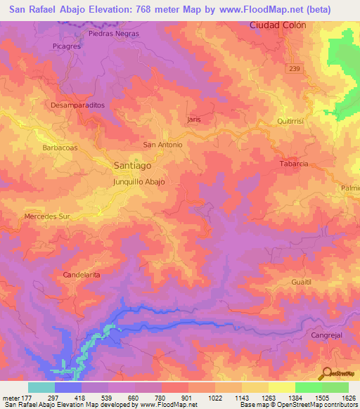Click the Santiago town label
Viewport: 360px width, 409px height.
click(x=131, y=166)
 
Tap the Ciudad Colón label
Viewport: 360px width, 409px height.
click(x=279, y=25)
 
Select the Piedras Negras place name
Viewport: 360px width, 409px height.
click(x=114, y=33)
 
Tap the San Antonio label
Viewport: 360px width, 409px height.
click(x=163, y=145)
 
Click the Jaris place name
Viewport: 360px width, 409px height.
click(x=195, y=119)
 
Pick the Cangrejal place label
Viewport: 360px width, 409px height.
click(x=327, y=336)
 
